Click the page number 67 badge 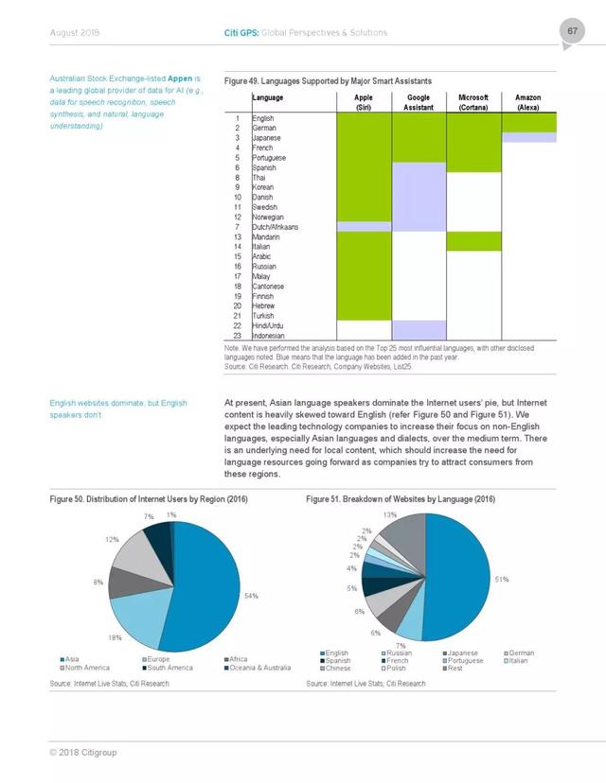pyautogui.click(x=572, y=31)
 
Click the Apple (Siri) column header pyautogui.click(x=364, y=102)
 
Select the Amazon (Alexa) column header pyautogui.click(x=528, y=102)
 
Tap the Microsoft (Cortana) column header pyautogui.click(x=473, y=102)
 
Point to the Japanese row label pyautogui.click(x=266, y=138)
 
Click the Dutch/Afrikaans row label pyautogui.click(x=275, y=227)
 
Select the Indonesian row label pyautogui.click(x=269, y=336)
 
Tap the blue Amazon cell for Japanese pyautogui.click(x=529, y=137)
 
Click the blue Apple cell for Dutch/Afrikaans pyautogui.click(x=364, y=227)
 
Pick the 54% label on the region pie pyautogui.click(x=251, y=596)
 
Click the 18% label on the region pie pyautogui.click(x=115, y=637)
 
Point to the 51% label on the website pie pyautogui.click(x=502, y=580)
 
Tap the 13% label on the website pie pyautogui.click(x=390, y=514)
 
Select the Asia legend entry pyautogui.click(x=69, y=659)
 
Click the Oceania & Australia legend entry pyautogui.click(x=258, y=668)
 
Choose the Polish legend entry pyautogui.click(x=394, y=669)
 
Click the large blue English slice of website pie pyautogui.click(x=457, y=577)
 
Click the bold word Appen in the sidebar pyautogui.click(x=180, y=78)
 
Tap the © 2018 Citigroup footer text pyautogui.click(x=83, y=752)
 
